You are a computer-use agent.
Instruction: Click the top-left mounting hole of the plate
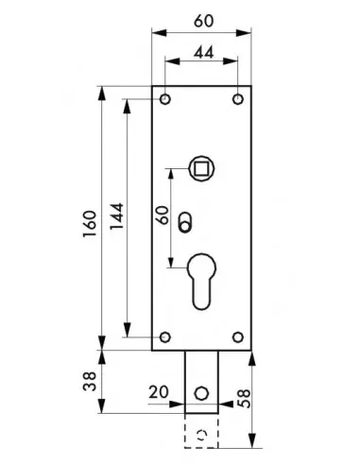coord(165,99)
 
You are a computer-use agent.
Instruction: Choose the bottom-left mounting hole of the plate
coord(165,336)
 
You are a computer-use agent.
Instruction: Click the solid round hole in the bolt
coord(200,390)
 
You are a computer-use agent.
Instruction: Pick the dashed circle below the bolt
coord(200,434)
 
